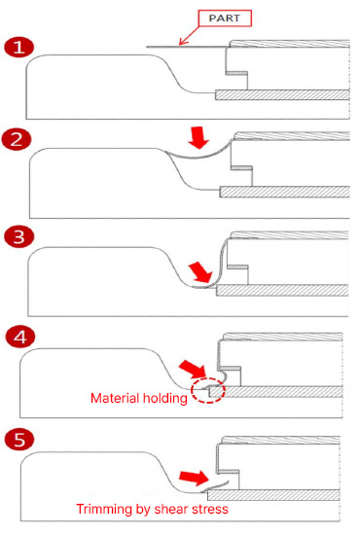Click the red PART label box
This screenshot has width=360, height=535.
coord(225,18)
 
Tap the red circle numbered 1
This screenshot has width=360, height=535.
coord(18,48)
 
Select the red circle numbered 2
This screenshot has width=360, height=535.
coord(17,139)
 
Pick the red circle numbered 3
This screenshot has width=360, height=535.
coord(18,236)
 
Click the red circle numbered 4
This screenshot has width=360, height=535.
coord(19,337)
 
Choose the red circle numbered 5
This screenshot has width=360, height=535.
coord(19,439)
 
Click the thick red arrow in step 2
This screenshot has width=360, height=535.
coord(198,137)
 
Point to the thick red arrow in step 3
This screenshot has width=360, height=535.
coord(201,272)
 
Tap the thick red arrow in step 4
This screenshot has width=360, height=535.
coord(194,369)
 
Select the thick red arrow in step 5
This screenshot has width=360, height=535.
coord(194,478)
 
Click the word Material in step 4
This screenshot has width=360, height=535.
coord(115,398)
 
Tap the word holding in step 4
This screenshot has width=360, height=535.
coord(165,399)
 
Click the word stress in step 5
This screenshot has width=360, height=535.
coord(210,510)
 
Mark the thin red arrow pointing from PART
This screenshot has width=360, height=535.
coord(190,35)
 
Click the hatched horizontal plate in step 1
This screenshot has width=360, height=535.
coord(282,95)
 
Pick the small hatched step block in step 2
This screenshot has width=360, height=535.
coord(241,168)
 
